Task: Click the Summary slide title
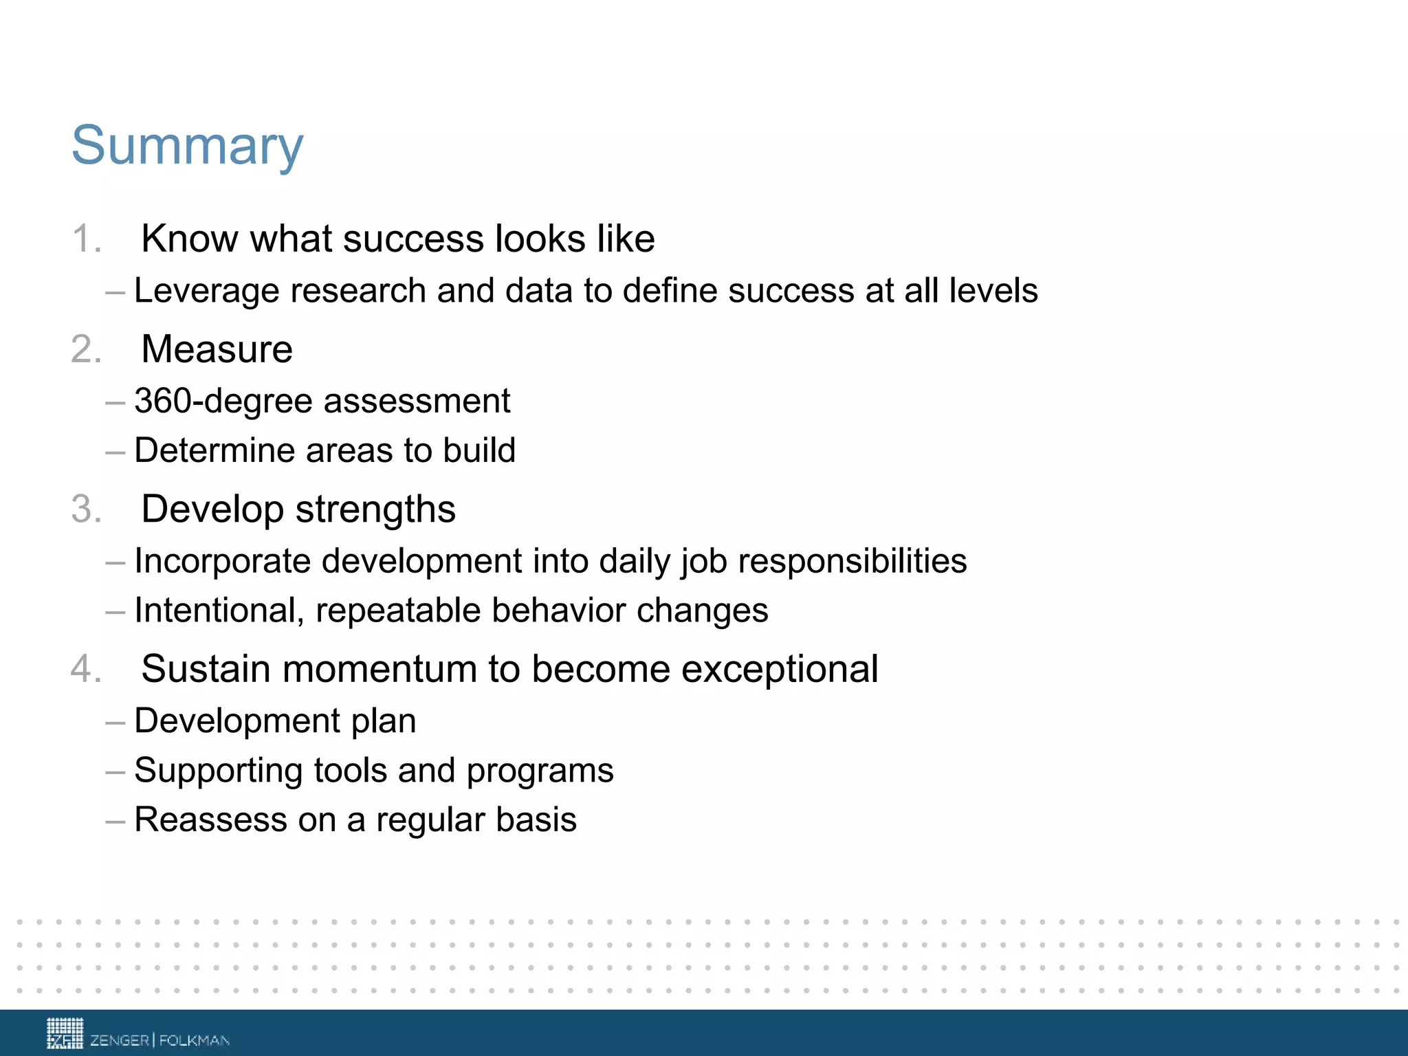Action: pyautogui.click(x=187, y=146)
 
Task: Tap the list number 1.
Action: pyautogui.click(x=86, y=239)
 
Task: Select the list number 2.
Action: pyautogui.click(x=86, y=349)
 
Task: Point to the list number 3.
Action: pyautogui.click(x=86, y=509)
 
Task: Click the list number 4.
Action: pyautogui.click(x=86, y=669)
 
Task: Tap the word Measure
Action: pyautogui.click(x=217, y=349)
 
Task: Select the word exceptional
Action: pyautogui.click(x=780, y=669)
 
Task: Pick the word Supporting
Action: pyautogui.click(x=219, y=771)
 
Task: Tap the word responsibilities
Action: pyautogui.click(x=852, y=561)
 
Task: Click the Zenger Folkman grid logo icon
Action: pyautogui.click(x=65, y=1033)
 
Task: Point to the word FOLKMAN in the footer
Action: pyautogui.click(x=195, y=1040)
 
